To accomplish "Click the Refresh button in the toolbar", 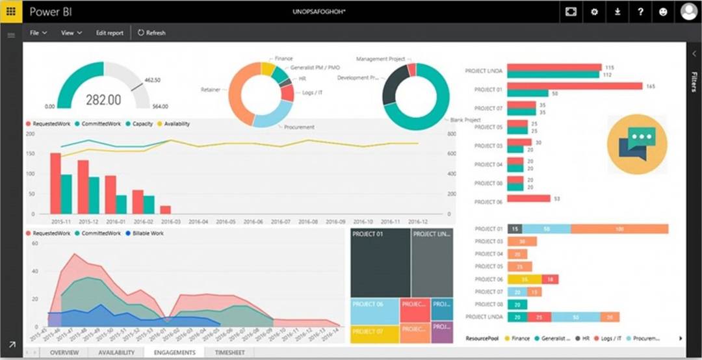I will tap(151, 32).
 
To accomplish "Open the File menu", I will tap(38, 32).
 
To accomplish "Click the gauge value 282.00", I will tap(104, 99).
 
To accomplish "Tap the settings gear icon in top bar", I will tap(593, 12).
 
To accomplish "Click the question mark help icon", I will tap(640, 12).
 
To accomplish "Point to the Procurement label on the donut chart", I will tap(298, 127).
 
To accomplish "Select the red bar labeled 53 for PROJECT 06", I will tap(528, 198).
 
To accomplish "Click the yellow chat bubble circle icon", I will tap(637, 145).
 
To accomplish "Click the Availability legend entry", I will tap(176, 123).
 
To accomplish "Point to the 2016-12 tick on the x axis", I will tap(419, 221).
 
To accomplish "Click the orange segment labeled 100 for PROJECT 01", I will tap(619, 229).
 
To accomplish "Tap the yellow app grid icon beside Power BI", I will tap(11, 12).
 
